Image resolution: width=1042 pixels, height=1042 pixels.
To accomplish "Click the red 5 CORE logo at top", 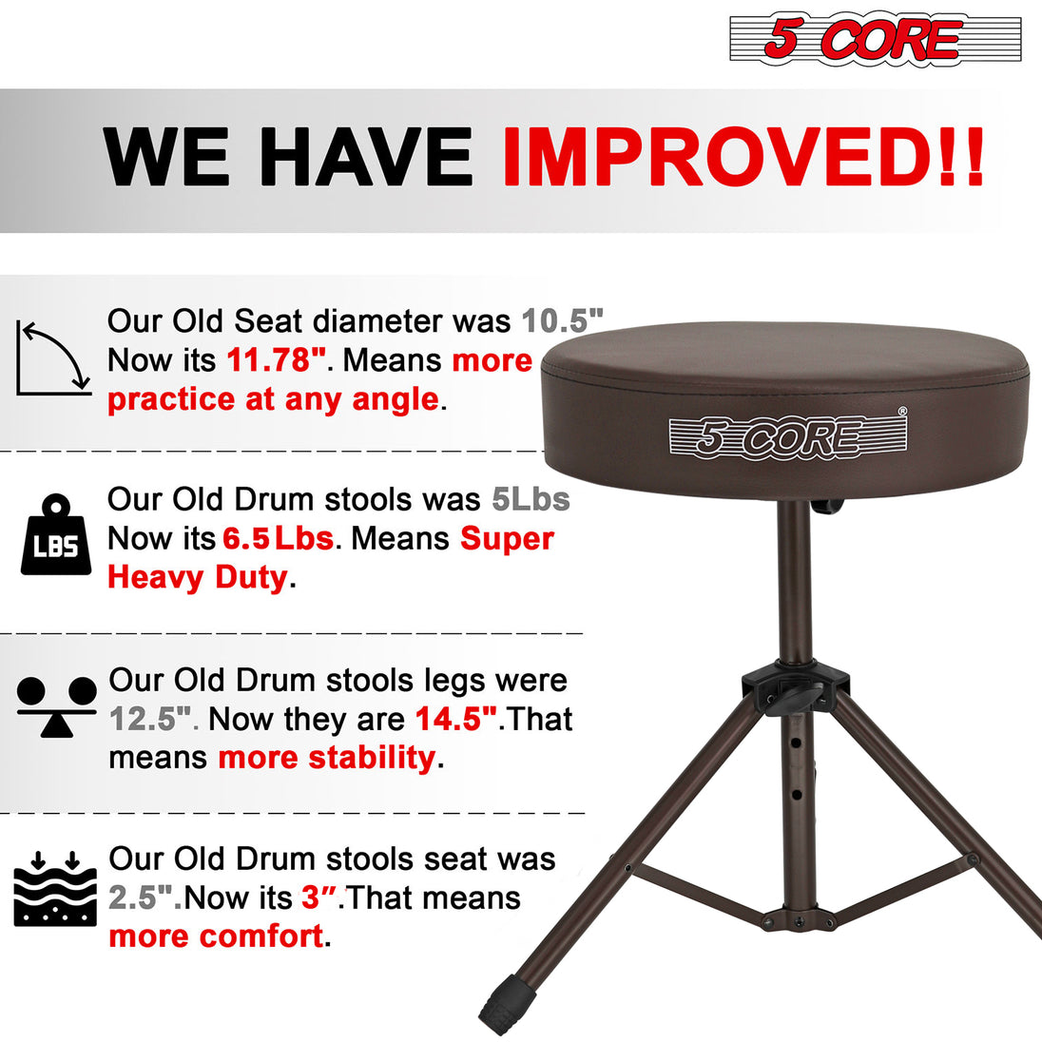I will pyautogui.click(x=876, y=39).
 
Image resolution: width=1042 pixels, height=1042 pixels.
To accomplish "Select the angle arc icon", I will pyautogui.click(x=53, y=358).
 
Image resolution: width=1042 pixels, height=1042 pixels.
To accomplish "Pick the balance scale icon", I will pyautogui.click(x=57, y=706).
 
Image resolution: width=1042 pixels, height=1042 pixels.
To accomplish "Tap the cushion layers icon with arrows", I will pyautogui.click(x=56, y=889).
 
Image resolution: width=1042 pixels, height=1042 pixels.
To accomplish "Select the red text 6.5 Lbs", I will pyautogui.click(x=278, y=539).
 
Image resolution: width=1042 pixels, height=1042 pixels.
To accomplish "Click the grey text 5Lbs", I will pyautogui.click(x=531, y=499).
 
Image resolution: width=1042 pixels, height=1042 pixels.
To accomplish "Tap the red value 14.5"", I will pyautogui.click(x=456, y=719).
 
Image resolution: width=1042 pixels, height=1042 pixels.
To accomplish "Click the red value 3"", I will pyautogui.click(x=311, y=897).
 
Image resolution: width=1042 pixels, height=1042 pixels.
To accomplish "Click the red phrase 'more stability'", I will pyautogui.click(x=327, y=758).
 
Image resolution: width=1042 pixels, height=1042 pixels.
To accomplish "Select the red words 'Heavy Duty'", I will pyautogui.click(x=197, y=577).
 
